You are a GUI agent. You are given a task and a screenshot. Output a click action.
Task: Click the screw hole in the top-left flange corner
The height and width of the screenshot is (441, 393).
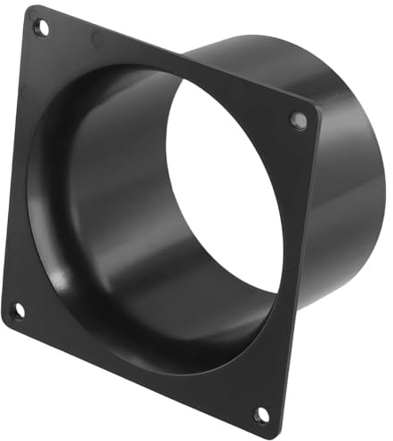[41, 27]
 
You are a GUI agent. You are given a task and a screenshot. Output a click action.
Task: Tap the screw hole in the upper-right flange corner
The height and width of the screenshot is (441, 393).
[299, 120]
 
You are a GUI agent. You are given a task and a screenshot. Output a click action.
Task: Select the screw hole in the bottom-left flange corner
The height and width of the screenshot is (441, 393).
[17, 310]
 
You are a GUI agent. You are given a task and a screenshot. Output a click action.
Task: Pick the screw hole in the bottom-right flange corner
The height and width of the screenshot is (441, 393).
[261, 414]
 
